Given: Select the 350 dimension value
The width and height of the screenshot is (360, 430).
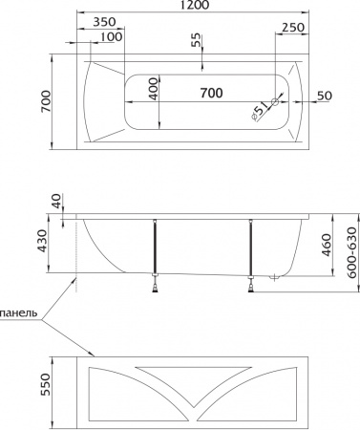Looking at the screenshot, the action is (x=104, y=22).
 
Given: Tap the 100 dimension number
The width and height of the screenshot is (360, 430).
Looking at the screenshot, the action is (x=111, y=37).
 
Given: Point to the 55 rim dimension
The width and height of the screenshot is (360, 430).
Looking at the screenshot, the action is (x=197, y=40).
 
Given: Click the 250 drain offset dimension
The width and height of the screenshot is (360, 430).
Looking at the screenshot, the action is (x=293, y=28).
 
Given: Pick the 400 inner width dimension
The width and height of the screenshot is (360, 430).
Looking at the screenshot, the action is (x=154, y=89).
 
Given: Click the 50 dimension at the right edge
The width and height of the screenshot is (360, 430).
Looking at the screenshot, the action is (x=325, y=96).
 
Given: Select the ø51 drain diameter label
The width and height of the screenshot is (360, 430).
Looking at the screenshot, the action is (x=260, y=112).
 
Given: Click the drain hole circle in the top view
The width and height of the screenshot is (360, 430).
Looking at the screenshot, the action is (x=275, y=102).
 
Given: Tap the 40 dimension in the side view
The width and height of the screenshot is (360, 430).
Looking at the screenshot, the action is (x=56, y=201).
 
